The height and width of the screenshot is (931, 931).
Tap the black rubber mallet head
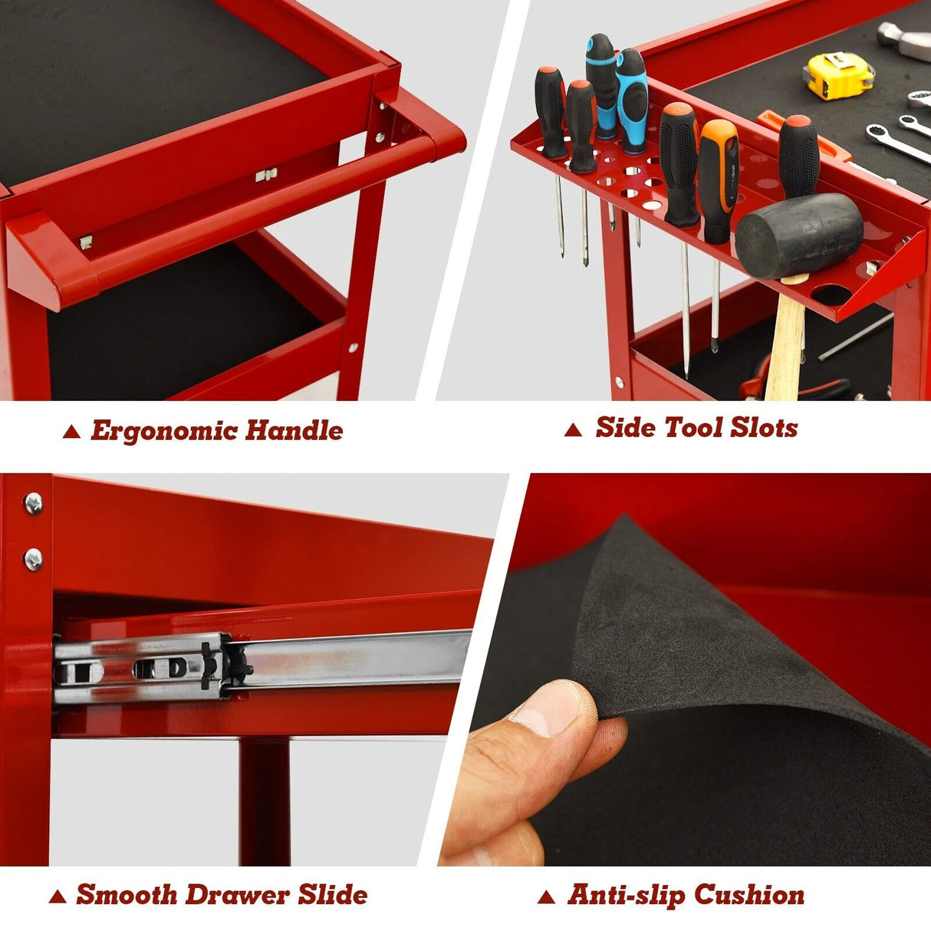799,235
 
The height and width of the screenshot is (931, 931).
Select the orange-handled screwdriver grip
718,181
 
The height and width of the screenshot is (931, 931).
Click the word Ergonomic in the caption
163,430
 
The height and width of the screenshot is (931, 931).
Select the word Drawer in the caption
238,880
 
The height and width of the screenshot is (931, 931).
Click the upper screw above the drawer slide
33,503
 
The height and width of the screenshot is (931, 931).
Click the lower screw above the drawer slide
33,560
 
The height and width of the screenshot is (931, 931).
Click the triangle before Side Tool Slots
573,429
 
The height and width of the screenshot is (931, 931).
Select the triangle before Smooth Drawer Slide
58,883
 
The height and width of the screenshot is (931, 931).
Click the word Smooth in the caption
127,880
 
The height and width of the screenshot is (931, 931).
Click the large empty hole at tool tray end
831,294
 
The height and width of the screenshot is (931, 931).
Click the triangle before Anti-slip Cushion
546,883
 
